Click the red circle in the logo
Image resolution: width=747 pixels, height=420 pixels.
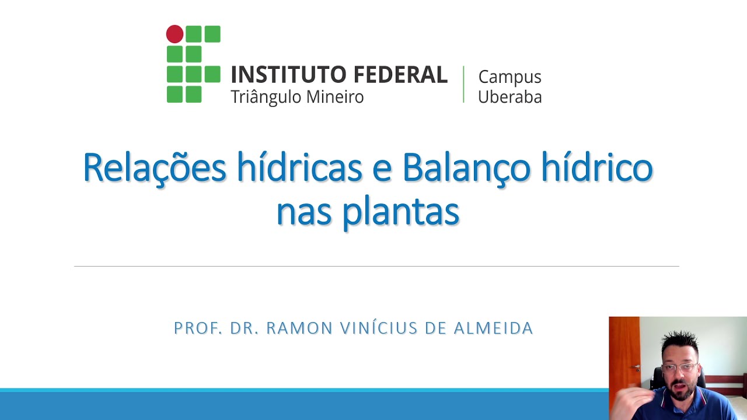[174, 34]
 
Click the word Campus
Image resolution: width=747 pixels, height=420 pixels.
[509, 77]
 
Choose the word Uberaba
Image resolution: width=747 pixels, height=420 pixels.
[509, 97]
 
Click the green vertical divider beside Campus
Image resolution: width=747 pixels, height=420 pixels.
[463, 85]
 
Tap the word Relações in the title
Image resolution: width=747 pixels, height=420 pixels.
[154, 167]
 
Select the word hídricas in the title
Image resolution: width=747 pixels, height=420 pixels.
[299, 167]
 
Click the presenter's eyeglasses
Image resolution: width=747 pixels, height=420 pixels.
[680, 367]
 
